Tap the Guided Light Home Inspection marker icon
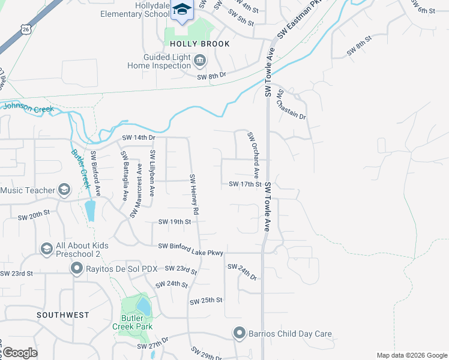coord(200,60)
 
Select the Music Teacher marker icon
coord(64,190)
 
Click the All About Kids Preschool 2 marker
coord(46,248)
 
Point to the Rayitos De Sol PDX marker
coord(76,268)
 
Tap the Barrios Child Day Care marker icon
coord(240,333)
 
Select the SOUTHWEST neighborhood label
coord(62,314)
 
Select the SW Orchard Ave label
coord(253,155)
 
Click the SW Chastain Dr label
coord(292,104)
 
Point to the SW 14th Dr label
coord(139,137)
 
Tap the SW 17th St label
coord(245,184)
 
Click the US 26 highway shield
coord(25,29)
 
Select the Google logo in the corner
coord(20,353)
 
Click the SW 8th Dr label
coord(211,75)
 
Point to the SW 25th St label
coord(206,300)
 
